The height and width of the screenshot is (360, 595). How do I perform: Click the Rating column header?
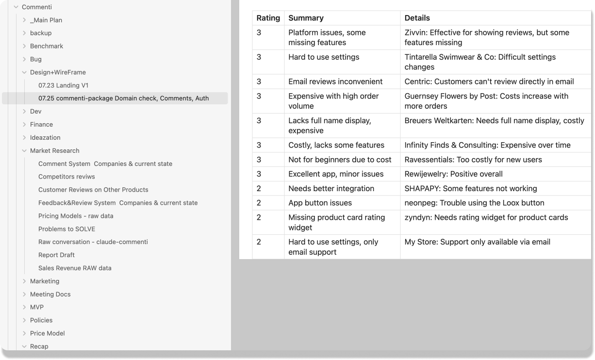click(x=268, y=18)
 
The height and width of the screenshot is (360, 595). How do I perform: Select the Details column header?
click(x=417, y=18)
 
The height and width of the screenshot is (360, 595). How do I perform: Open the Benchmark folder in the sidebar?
click(x=47, y=46)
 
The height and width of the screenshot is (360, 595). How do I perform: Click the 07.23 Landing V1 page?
click(x=63, y=85)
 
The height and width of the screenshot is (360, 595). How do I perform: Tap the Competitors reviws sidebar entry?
click(x=66, y=177)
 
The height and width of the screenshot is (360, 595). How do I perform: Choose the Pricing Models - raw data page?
click(x=76, y=216)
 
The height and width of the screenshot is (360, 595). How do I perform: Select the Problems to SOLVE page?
click(x=66, y=229)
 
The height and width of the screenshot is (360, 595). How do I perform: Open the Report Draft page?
click(x=56, y=255)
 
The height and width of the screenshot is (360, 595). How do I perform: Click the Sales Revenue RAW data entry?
click(x=75, y=268)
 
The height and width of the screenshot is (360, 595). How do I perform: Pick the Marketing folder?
click(x=45, y=281)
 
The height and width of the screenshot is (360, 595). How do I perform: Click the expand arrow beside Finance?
click(x=24, y=125)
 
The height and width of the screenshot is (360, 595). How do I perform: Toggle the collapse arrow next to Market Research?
click(x=24, y=151)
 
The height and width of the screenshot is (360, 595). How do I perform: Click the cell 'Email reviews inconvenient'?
click(x=335, y=82)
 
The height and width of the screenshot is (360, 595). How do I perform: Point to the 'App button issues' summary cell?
click(x=320, y=203)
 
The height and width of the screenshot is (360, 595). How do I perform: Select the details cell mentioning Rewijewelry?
click(x=453, y=174)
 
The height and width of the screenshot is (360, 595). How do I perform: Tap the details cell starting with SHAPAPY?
click(x=470, y=188)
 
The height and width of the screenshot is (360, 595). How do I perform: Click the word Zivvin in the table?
click(x=415, y=33)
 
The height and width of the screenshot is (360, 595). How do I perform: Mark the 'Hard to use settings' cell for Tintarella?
click(x=324, y=57)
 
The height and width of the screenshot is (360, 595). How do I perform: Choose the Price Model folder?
click(x=47, y=333)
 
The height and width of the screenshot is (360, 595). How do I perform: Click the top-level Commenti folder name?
click(x=37, y=7)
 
